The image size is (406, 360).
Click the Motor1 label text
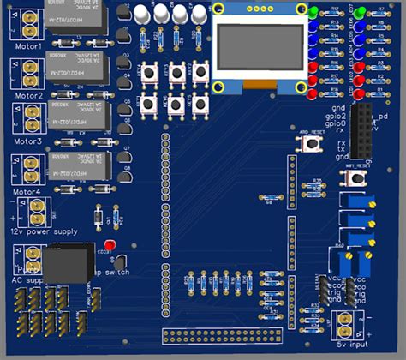[x=27, y=45]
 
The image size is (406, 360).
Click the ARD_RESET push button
[x=309, y=143]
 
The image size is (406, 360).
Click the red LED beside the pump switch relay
[x=122, y=259]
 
